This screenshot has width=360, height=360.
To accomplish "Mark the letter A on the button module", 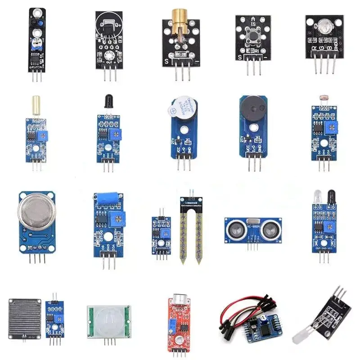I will tap(252, 18).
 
